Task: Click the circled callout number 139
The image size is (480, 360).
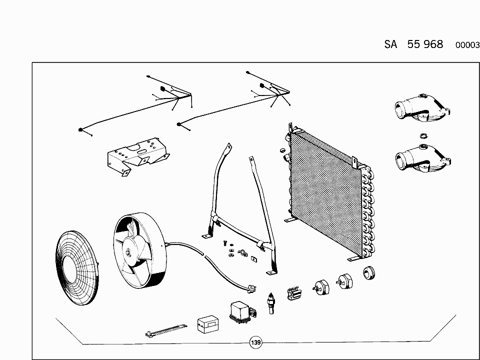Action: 256,342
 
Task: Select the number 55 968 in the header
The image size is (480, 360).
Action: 425,44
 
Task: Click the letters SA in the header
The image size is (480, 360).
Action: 390,44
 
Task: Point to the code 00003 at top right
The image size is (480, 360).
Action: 467,45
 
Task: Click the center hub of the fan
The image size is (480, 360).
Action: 127,251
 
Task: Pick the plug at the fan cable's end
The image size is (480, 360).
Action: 252,288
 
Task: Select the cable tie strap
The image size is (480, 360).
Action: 166,330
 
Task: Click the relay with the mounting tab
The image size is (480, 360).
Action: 242,312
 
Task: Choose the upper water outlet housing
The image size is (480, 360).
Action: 422,108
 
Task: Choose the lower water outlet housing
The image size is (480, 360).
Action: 423,158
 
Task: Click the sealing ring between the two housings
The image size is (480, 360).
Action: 423,135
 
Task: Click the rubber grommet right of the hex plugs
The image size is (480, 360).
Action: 369,273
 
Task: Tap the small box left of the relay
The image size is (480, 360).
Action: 208,324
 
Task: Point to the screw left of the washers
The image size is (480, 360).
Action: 225,243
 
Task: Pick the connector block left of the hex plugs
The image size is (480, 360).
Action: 294,293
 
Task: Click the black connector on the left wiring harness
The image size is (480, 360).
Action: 162,89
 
